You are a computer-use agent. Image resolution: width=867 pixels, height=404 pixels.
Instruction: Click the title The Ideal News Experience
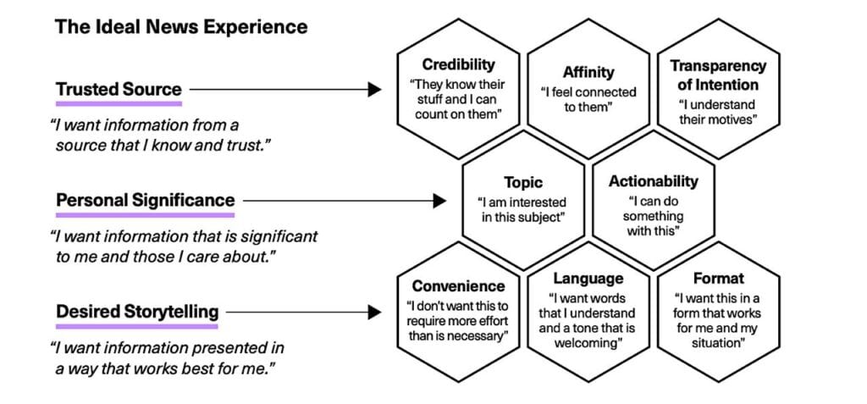(181, 27)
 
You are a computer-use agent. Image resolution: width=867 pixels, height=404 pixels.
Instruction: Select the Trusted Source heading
(119, 89)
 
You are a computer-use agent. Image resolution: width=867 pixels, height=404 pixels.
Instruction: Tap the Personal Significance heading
(145, 201)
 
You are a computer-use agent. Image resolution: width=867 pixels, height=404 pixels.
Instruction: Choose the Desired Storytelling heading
(136, 312)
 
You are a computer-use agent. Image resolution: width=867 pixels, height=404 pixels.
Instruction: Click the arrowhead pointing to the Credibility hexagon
(375, 89)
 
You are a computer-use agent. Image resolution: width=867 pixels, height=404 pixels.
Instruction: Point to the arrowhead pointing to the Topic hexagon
(439, 201)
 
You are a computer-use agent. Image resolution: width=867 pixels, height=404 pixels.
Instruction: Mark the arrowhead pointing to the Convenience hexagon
(375, 313)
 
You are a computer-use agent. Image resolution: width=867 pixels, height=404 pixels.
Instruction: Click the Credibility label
(458, 64)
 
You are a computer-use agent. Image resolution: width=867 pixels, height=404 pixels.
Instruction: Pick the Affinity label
(588, 72)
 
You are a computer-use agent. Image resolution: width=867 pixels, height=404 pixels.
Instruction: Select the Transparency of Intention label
(718, 75)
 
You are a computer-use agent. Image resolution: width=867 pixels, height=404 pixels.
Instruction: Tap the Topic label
(522, 182)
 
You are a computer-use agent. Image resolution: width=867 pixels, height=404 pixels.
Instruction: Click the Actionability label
(653, 181)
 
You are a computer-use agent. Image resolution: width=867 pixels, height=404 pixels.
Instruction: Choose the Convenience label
(458, 286)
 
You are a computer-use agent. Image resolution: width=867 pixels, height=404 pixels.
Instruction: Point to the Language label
(588, 279)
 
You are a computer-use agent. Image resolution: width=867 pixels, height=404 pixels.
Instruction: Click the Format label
(718, 278)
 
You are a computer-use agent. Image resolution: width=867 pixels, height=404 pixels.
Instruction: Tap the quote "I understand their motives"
(718, 112)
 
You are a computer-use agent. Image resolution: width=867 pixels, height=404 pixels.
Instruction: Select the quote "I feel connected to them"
(588, 98)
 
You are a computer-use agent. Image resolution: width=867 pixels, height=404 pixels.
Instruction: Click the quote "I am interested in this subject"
(522, 209)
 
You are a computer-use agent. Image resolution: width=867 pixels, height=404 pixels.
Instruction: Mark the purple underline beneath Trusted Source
(119, 103)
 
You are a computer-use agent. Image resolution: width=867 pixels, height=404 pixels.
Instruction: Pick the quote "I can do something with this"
(653, 217)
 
